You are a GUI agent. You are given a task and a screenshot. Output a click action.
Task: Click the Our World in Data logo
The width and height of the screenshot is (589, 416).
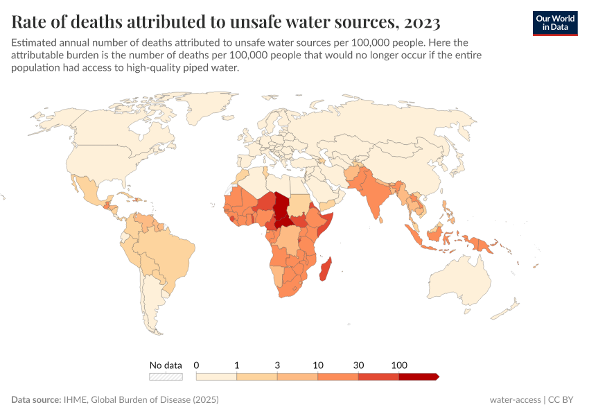554,23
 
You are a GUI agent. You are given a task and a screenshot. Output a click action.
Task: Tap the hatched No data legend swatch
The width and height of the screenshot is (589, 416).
166,377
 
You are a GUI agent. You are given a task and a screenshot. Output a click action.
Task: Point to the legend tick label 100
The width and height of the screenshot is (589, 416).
399,365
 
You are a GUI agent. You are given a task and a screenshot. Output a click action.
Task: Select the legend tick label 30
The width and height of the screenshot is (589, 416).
358,365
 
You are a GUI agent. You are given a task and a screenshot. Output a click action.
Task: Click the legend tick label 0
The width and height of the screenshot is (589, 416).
197,365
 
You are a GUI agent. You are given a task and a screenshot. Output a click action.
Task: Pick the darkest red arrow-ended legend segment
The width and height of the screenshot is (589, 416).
419,377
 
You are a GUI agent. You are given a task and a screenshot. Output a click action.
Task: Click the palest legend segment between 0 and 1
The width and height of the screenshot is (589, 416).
216,377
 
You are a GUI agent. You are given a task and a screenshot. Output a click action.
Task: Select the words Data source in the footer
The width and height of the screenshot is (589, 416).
35,400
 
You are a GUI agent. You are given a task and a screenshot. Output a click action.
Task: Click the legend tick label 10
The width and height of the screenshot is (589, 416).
318,365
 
